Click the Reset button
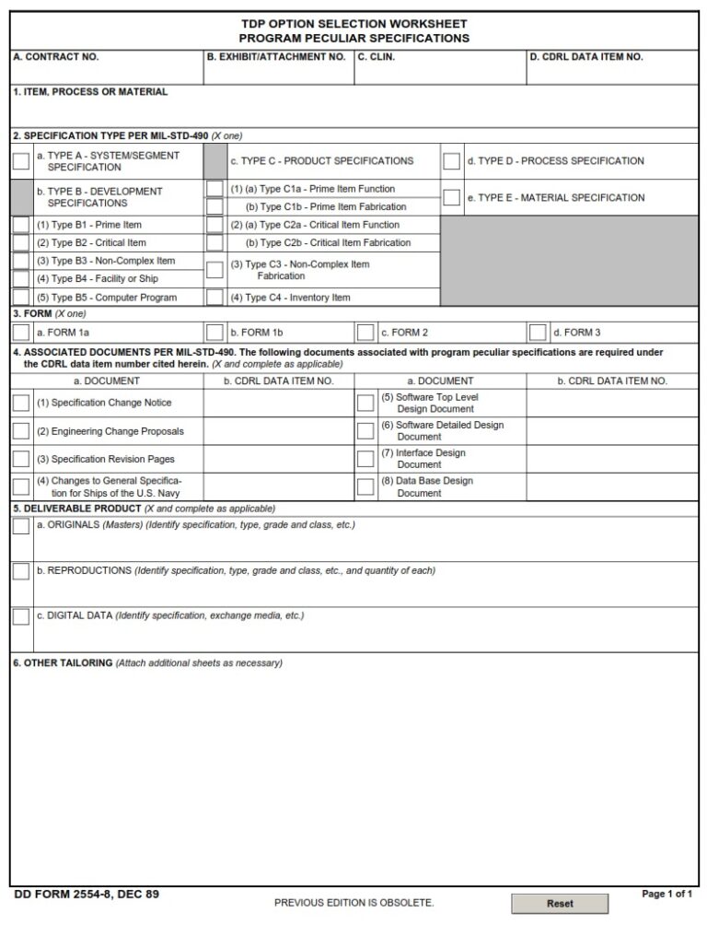click(560, 904)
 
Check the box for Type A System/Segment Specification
click(20, 161)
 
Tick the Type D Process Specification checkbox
click(451, 161)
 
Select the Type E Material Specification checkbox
click(451, 197)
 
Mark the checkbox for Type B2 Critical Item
click(20, 243)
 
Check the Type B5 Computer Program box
click(20, 298)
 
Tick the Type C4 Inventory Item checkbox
click(214, 298)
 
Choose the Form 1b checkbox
click(214, 333)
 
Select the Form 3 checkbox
click(538, 333)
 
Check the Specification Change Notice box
click(20, 403)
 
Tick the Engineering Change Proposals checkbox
click(20, 431)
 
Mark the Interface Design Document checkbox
click(365, 459)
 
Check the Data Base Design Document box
click(365, 486)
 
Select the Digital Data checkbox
click(20, 616)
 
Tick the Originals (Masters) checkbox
click(20, 526)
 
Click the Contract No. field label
click(55, 57)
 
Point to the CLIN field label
click(376, 57)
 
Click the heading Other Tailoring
click(63, 663)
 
